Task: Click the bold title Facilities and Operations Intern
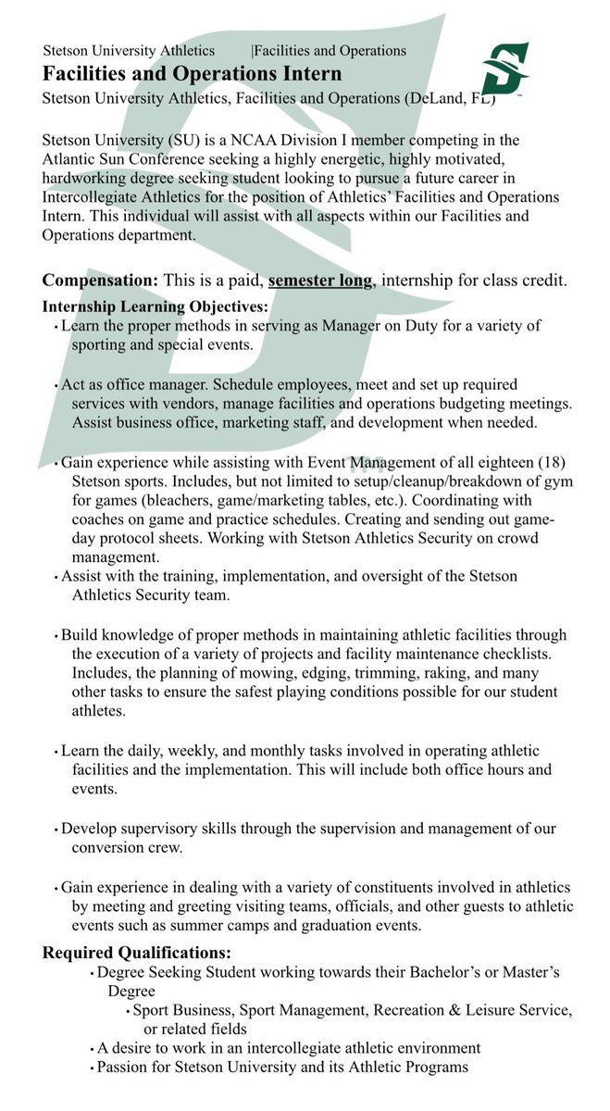[192, 74]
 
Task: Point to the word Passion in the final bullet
[124, 1067]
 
